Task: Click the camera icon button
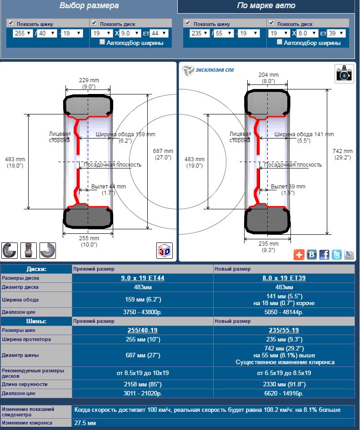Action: pyautogui.click(x=344, y=74)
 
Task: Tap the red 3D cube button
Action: pyautogui.click(x=165, y=250)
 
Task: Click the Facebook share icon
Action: pyautogui.click(x=324, y=254)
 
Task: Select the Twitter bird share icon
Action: pyautogui.click(x=337, y=254)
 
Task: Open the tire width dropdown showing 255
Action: pyautogui.click(x=23, y=34)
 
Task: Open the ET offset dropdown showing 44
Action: pyautogui.click(x=159, y=34)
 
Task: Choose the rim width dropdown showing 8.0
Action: pyautogui.click(x=307, y=34)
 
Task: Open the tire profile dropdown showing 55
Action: pyautogui.click(x=224, y=34)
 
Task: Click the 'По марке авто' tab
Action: pyautogui.click(x=266, y=6)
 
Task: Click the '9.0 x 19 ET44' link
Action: pyautogui.click(x=143, y=278)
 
